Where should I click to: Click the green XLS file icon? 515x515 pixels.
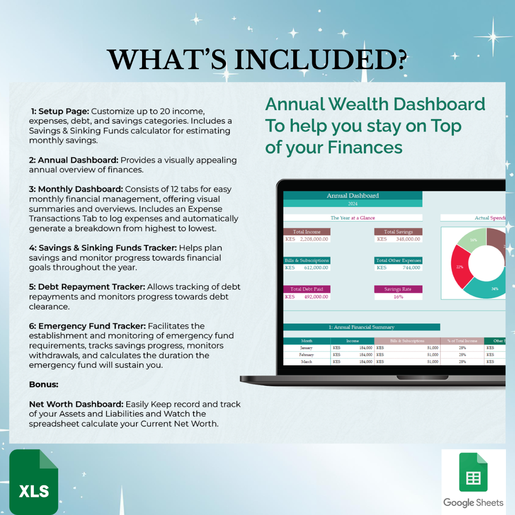click(x=33, y=482)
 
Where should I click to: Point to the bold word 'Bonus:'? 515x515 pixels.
click(x=44, y=384)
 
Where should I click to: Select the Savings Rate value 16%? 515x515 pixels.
click(x=398, y=297)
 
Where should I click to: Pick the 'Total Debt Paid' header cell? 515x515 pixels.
click(x=307, y=289)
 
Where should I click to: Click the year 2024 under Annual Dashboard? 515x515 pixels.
click(x=352, y=204)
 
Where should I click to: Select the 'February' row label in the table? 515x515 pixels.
click(x=307, y=355)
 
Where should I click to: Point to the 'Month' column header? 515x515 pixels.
click(x=307, y=341)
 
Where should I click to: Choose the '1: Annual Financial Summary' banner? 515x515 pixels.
click(x=361, y=327)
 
